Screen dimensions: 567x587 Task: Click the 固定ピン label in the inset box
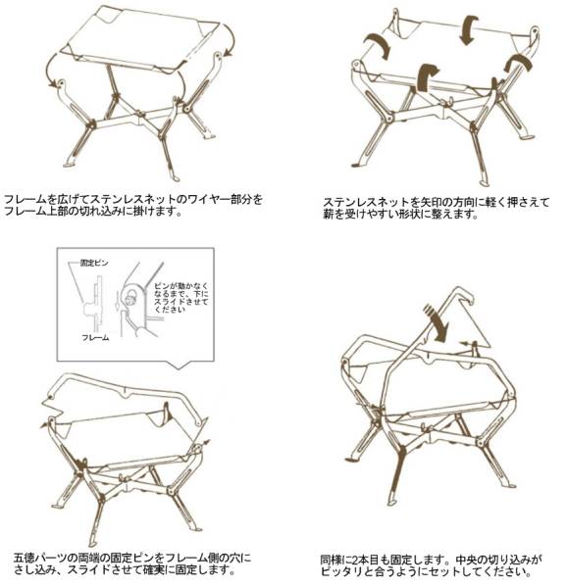94,263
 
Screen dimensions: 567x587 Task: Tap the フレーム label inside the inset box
95,338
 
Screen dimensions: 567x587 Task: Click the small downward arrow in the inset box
117,301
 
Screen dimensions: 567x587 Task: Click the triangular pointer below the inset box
179,365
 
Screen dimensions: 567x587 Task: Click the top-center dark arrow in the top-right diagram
468,29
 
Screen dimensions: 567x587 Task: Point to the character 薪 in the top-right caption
329,215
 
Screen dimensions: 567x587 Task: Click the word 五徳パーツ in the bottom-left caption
41,559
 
